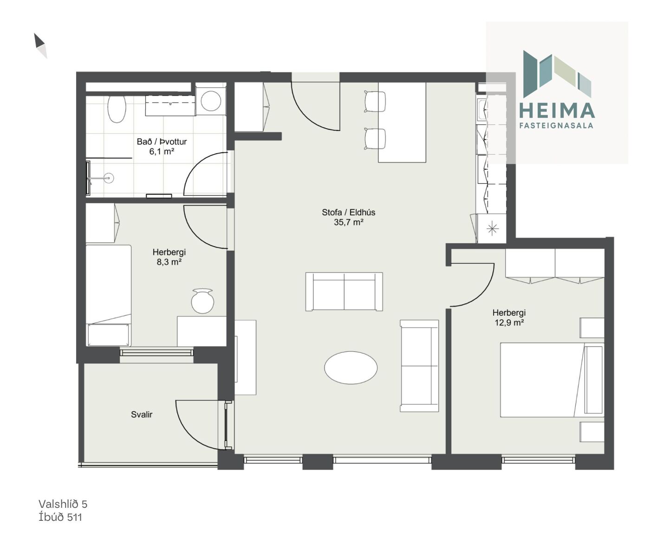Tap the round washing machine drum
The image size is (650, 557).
(211, 100)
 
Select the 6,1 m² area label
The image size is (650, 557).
(162, 151)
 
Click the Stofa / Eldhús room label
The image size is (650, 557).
(348, 212)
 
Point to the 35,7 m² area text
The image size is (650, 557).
(349, 222)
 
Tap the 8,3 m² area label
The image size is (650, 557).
(169, 262)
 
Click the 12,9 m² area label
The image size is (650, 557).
(509, 323)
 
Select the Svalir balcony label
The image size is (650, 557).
(142, 415)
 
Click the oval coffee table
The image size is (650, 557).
(351, 368)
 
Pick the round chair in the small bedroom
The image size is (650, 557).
(202, 301)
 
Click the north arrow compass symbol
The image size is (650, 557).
(40, 45)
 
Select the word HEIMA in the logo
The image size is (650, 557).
(557, 110)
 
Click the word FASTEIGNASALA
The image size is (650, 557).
(556, 125)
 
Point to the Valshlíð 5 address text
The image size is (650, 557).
(63, 504)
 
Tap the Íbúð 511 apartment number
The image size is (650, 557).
(60, 517)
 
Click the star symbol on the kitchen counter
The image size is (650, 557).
(492, 228)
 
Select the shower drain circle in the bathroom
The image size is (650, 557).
(109, 178)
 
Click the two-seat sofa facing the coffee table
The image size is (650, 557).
(344, 291)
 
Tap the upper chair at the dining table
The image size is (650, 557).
(375, 101)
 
